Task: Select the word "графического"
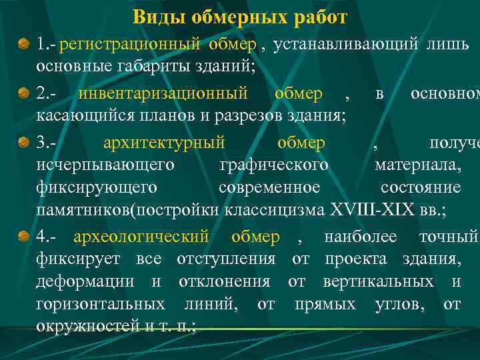[x=273, y=165]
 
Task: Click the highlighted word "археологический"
[x=141, y=237]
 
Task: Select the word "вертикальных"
[x=378, y=282]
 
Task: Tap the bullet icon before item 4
[x=24, y=237]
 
